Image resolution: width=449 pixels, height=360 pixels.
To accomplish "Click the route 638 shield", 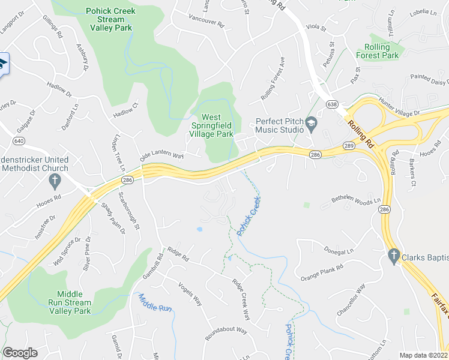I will [332, 104].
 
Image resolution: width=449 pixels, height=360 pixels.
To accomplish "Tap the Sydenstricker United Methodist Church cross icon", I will [54, 180].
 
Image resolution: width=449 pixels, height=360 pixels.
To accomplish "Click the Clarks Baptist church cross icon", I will [394, 256].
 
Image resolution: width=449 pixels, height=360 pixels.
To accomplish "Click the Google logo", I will [20, 353].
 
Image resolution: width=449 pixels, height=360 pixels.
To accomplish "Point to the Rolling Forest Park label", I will [381, 51].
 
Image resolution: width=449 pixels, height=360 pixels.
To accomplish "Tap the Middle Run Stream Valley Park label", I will [74, 302].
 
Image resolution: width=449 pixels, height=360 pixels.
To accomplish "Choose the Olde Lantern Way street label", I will [161, 155].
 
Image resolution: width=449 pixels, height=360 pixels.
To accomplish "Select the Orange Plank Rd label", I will [322, 271].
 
